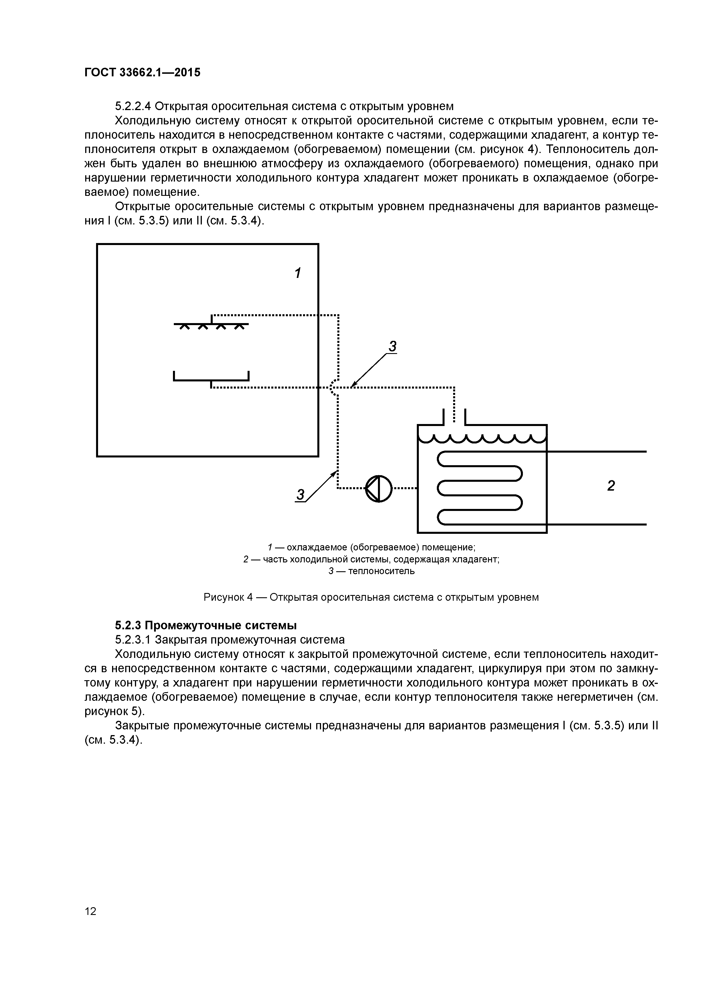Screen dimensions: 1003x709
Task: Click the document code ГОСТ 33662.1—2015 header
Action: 142,72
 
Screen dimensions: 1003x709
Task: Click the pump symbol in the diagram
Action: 379,488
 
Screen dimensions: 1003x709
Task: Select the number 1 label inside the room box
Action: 298,273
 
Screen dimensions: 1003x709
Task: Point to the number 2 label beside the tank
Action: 611,486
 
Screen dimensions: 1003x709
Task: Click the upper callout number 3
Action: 392,347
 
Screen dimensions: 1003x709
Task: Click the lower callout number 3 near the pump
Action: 300,495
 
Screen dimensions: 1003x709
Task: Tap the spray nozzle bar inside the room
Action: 211,324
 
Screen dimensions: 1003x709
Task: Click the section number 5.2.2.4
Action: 133,106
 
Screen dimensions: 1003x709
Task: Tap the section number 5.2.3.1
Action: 133,640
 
